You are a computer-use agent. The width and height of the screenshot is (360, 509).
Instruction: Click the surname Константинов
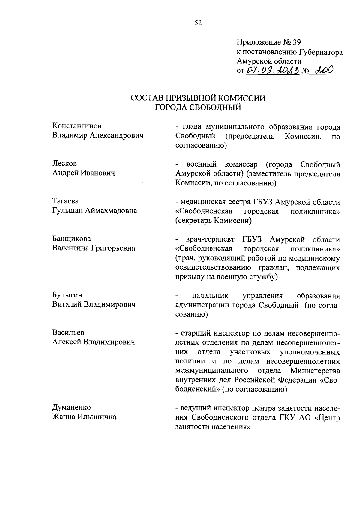tap(77, 126)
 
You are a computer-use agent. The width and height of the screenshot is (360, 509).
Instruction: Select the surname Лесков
tap(64, 163)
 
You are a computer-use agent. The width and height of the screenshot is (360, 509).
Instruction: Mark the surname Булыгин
tap(67, 295)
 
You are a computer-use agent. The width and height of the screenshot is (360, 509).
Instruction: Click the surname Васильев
tap(68, 333)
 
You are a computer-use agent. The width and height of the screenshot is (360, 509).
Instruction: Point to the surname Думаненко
tap(71, 408)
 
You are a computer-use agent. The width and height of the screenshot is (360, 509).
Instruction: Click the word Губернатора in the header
tap(321, 52)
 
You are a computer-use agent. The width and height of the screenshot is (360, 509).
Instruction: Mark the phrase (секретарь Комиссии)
tap(213, 221)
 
